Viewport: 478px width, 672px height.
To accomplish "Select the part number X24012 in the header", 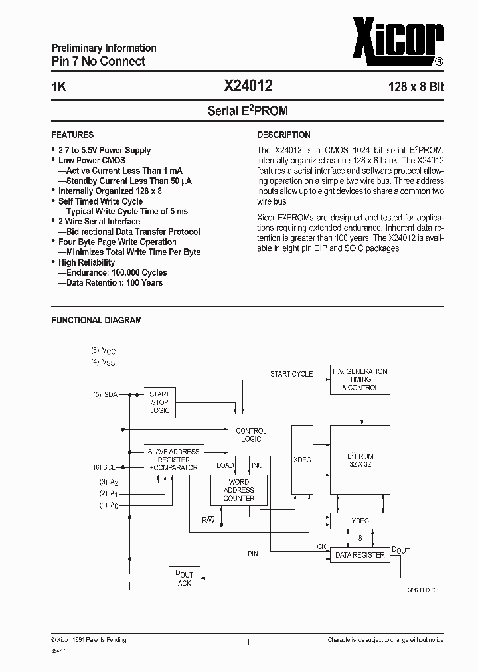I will point(248,86).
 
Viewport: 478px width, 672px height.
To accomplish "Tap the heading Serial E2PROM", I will point(248,111).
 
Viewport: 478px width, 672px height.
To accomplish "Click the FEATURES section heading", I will point(72,135).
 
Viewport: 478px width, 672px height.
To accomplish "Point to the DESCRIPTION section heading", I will point(283,135).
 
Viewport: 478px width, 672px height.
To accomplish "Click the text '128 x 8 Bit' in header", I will point(416,86).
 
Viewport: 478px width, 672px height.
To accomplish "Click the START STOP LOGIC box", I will point(159,402).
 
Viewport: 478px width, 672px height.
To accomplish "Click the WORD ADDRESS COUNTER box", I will point(238,490).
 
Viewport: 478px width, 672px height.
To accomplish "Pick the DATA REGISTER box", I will point(359,555).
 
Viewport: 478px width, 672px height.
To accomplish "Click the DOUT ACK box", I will point(184,578).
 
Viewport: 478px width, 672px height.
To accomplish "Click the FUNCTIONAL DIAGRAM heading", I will point(97,320).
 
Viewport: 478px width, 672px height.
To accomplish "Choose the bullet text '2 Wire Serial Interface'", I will point(99,221).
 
